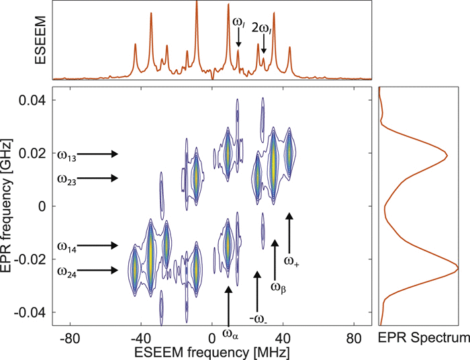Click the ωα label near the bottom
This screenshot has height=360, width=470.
[230, 331]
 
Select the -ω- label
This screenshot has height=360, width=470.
[256, 316]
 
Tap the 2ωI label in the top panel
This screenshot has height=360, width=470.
[262, 28]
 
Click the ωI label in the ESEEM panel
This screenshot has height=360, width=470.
[238, 23]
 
